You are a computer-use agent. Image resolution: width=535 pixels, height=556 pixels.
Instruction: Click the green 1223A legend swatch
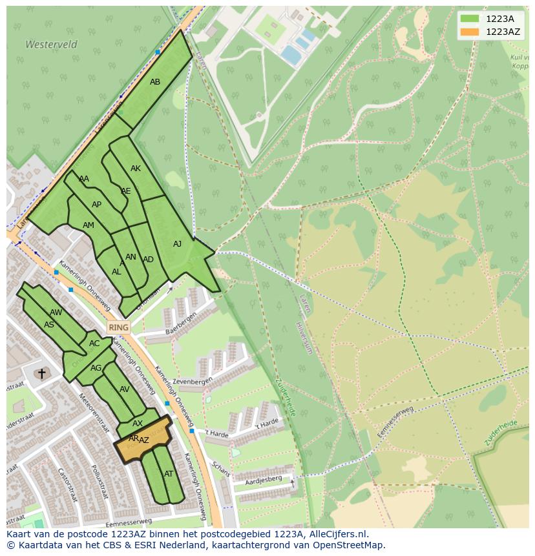pos(470,19)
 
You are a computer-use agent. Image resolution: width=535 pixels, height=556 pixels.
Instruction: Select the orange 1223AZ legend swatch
pos(470,32)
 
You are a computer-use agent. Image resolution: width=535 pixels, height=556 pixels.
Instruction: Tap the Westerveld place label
pos(51,45)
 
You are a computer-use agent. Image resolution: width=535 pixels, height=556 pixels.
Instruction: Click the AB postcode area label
pos(155,82)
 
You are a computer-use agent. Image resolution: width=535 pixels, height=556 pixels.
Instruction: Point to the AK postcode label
pos(136,169)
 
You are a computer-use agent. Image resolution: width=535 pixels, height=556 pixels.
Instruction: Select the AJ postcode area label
pos(178,244)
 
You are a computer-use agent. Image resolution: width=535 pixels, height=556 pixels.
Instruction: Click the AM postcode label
pos(89,225)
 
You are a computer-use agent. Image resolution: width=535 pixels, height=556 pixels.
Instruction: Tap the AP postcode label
pos(97,205)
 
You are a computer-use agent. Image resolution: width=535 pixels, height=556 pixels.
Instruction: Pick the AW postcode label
pos(56,313)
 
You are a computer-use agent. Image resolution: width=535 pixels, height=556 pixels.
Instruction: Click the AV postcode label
pos(125,389)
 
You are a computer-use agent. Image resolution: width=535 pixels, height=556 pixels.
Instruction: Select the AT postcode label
pos(169,474)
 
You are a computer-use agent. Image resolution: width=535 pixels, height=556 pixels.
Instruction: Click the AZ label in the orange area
pos(144,440)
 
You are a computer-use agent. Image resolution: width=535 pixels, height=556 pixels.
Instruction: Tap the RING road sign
pos(118,327)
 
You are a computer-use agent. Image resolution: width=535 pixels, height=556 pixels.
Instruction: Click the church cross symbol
pos(42,373)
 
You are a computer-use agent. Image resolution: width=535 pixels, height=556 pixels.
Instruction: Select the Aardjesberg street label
pos(264,479)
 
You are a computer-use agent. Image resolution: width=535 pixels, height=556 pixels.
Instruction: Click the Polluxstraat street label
pos(100,481)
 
